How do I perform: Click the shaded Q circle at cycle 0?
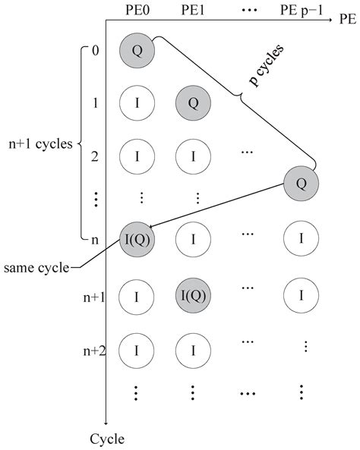point(137,50)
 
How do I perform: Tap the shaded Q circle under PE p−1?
point(302,183)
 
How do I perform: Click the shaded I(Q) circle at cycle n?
point(137,241)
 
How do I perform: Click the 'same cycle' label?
point(36,268)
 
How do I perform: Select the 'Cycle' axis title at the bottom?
point(106,439)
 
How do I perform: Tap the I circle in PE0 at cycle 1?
point(137,102)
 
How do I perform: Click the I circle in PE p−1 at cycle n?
point(302,241)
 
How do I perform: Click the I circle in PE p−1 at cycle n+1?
point(302,295)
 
